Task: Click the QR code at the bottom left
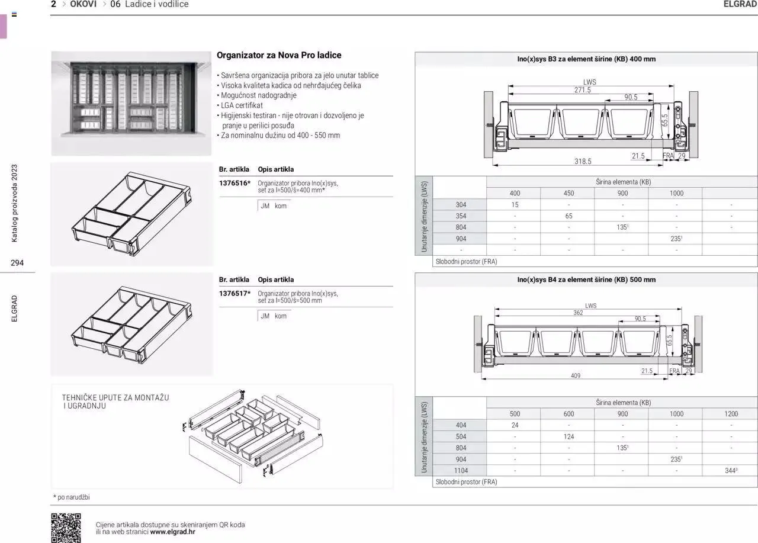(66, 527)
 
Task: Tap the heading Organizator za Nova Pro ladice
(279, 55)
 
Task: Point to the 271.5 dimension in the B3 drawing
(582, 90)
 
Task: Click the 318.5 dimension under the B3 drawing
(582, 161)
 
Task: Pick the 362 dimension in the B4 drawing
(577, 313)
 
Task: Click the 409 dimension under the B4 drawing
(575, 375)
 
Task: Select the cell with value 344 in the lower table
(730, 471)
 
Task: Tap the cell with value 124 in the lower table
(568, 437)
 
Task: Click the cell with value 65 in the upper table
(568, 216)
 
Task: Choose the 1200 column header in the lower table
(731, 414)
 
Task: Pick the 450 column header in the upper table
(568, 193)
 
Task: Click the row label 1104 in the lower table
(461, 471)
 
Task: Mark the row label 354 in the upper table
(461, 216)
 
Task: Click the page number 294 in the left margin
(17, 263)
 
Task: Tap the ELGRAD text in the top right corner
(740, 4)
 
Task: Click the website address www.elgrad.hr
(172, 532)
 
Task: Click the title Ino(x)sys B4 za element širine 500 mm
(586, 279)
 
